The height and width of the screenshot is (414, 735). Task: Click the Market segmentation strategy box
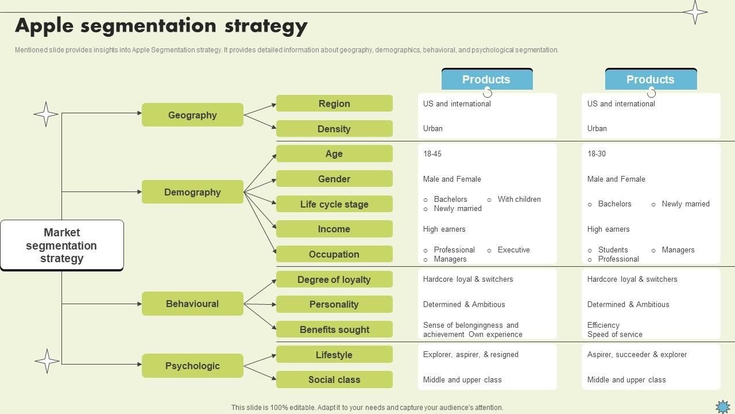coord(62,246)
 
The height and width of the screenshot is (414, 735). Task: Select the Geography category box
coord(192,115)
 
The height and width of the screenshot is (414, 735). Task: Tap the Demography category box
coord(192,192)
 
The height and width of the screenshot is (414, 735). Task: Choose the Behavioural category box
coord(192,304)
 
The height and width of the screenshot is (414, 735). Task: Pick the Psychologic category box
coord(192,366)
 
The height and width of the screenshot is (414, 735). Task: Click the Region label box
coord(334,103)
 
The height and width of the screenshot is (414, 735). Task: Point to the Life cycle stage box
coord(334,204)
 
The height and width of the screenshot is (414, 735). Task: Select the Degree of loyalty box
coord(334,279)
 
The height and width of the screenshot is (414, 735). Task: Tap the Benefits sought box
coord(334,329)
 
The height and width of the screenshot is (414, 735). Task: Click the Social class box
coord(334,379)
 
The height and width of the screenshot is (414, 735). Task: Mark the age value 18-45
coord(432,154)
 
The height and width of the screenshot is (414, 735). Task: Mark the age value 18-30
coord(597,154)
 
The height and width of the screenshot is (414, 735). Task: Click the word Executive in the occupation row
coord(513,250)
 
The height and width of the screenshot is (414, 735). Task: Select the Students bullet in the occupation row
coord(613,250)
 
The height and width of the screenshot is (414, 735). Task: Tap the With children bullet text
coord(519,200)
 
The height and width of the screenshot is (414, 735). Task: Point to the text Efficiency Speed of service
coord(614,329)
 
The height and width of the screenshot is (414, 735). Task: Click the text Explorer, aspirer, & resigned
coord(471,355)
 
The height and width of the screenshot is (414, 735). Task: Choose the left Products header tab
coord(487,79)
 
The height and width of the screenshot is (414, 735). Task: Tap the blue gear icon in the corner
coord(723,407)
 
